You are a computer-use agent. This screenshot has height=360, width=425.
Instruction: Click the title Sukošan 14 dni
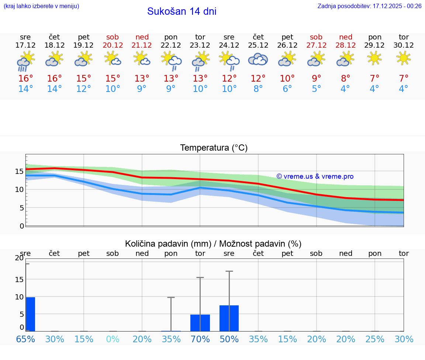[182, 11]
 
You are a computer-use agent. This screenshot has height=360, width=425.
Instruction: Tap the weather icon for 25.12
[258, 59]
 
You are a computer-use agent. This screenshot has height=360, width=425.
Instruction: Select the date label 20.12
[113, 45]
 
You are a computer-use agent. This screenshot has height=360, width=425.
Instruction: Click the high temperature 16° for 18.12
[55, 79]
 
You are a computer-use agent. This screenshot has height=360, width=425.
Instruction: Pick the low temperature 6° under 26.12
[287, 89]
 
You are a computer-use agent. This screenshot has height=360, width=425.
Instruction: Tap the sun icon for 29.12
[374, 58]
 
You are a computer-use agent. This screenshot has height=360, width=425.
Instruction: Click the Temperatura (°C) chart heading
[214, 148]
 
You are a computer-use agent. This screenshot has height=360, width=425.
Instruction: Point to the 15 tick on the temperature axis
[19, 171]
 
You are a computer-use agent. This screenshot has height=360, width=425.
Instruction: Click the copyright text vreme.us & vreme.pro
[315, 176]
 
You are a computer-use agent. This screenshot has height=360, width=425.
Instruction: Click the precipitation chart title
[213, 244]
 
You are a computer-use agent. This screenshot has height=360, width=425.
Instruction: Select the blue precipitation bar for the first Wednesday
[31, 314]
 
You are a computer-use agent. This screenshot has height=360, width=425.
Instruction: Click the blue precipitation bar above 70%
[200, 323]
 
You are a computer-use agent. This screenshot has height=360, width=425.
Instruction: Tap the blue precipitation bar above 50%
[229, 318]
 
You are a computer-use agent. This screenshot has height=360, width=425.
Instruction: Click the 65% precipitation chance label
[25, 339]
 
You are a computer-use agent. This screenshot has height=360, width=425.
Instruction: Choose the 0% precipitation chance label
[113, 339]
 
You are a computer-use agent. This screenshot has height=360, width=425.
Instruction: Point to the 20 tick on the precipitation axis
[19, 258]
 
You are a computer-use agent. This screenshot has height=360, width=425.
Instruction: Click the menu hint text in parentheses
[41, 6]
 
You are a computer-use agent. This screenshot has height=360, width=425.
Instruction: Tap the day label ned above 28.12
[345, 37]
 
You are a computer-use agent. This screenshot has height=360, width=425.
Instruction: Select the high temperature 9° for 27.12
[316, 79]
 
